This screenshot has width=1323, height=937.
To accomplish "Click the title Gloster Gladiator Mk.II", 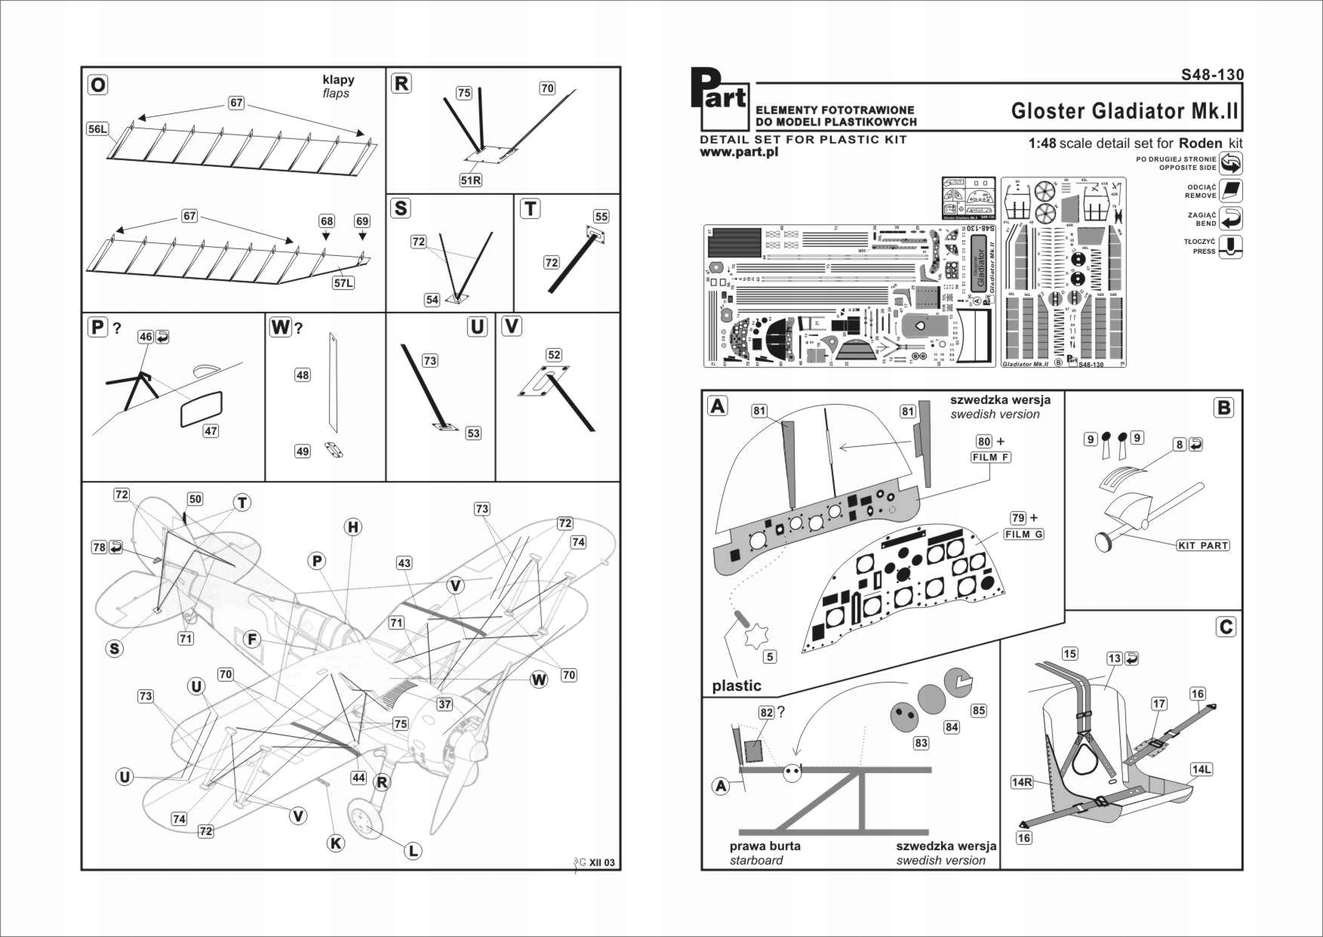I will coord(1124,111).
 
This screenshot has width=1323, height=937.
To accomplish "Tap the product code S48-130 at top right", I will coord(1212,75).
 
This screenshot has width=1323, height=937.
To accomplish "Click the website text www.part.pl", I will coord(738,152).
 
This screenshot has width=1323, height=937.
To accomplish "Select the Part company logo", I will coord(718,99).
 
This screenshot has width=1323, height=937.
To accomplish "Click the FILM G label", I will coord(1023,534).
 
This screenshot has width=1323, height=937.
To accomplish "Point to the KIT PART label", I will coord(1203,545).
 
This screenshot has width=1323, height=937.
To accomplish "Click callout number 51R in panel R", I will coord(470,180).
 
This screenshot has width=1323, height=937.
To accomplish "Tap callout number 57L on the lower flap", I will coord(343,282).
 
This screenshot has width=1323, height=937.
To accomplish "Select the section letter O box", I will coord(97,85).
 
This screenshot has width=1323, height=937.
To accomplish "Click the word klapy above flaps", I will coord(337,79).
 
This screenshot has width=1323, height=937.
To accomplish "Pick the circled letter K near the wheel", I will coord(336,843).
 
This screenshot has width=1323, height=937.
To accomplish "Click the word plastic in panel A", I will coord(736,686).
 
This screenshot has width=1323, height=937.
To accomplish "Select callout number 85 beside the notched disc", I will coord(978,710).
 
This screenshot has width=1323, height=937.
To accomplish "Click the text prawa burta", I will coord(765,846).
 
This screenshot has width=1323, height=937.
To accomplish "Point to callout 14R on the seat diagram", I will coord(1021,782).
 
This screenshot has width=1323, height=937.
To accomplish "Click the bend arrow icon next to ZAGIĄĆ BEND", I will coord(1230,219).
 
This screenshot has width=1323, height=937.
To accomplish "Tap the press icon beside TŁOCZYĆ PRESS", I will coord(1230,247).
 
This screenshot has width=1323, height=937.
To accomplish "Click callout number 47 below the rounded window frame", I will coord(211,431).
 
